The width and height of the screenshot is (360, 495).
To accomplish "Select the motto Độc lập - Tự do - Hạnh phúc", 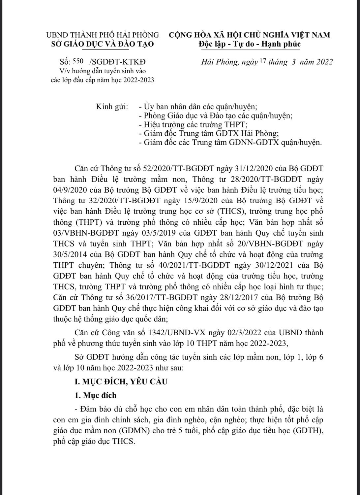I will (x=250, y=44).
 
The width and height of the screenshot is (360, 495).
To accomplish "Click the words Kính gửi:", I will (x=112, y=107).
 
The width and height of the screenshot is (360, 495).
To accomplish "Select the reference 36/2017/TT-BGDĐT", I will (x=170, y=297).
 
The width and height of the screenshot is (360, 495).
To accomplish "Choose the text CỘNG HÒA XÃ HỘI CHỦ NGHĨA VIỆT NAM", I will (x=250, y=34).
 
